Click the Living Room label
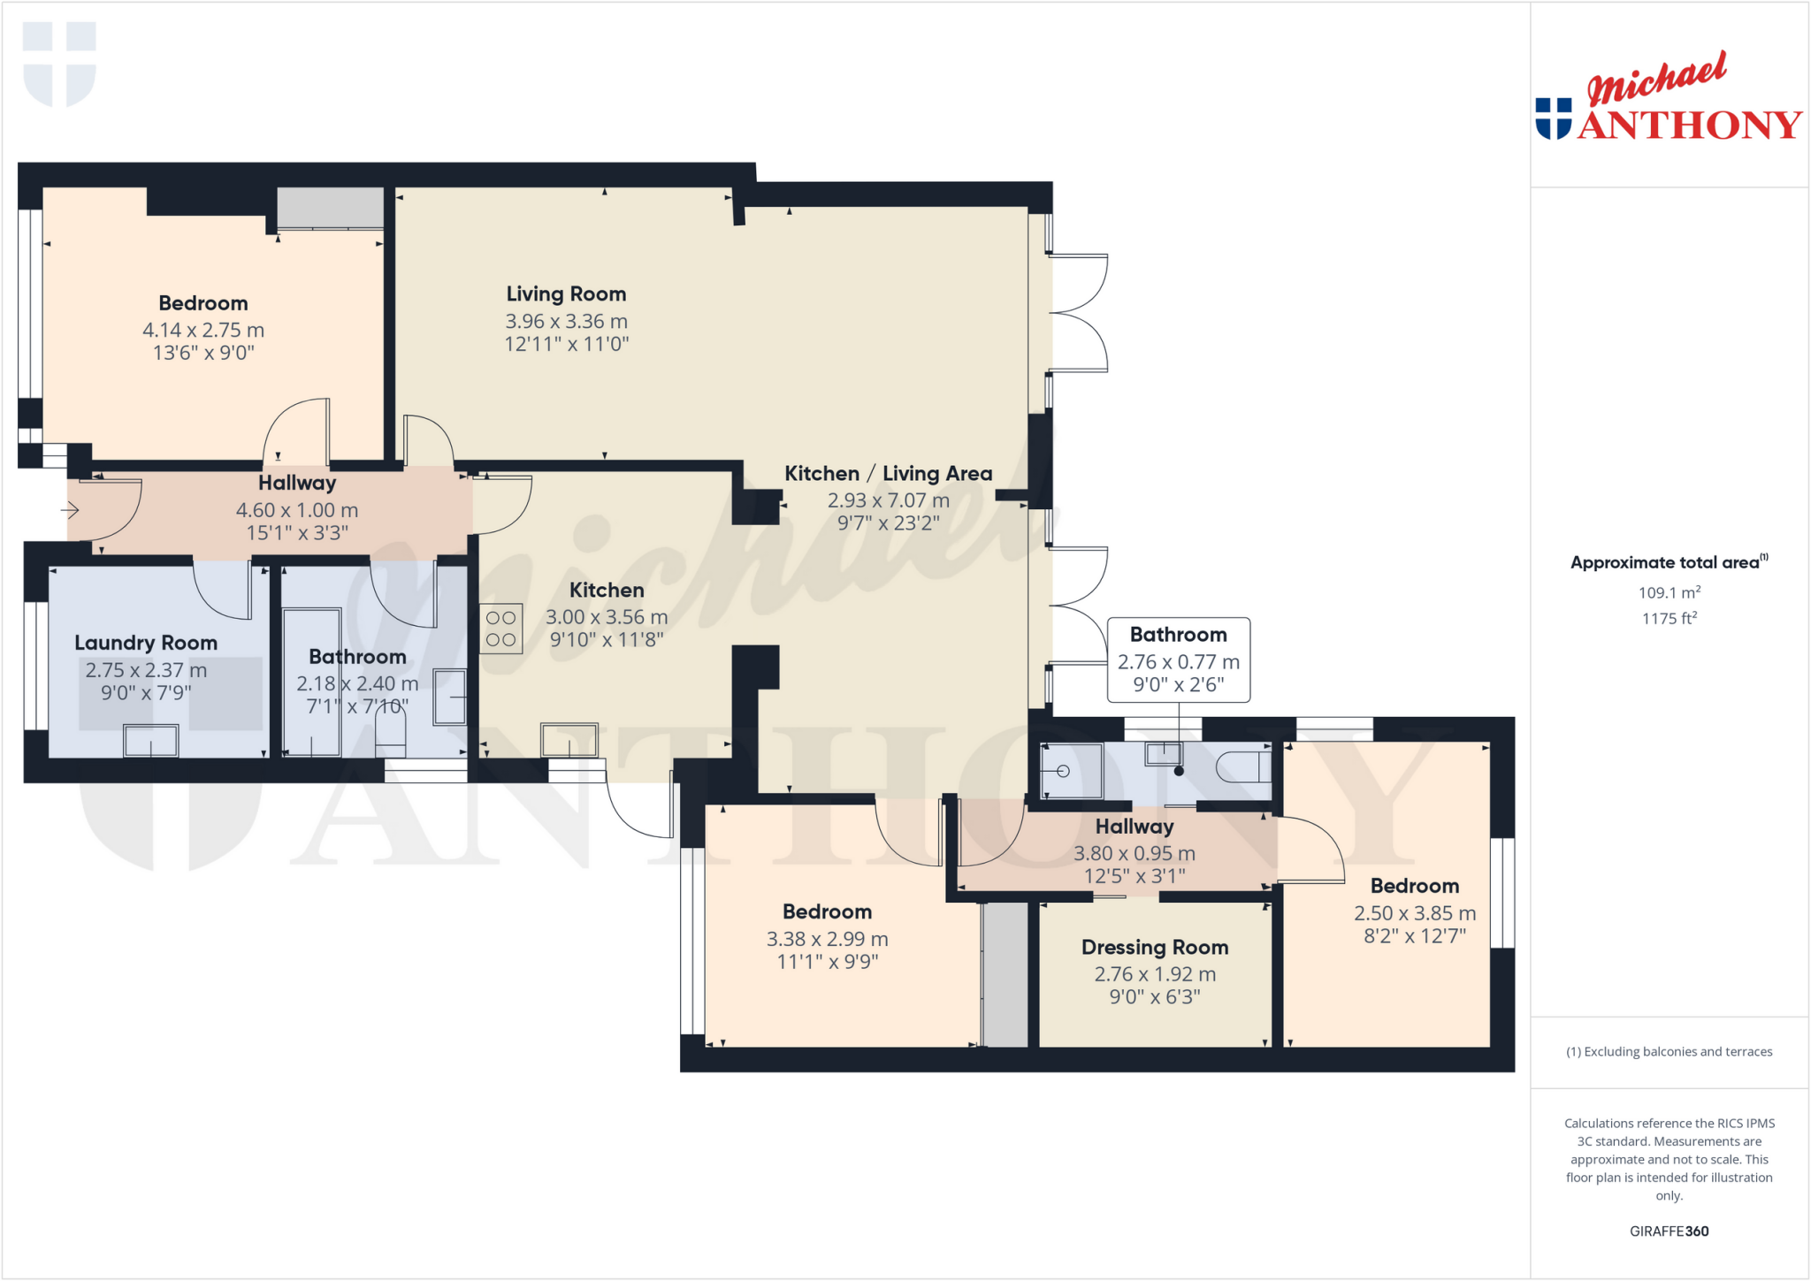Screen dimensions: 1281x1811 [x=566, y=294]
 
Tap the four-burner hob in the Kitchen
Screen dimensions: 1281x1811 [x=501, y=629]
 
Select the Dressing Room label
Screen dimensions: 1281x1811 [x=1155, y=948]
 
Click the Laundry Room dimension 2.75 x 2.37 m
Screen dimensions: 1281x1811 [x=146, y=670]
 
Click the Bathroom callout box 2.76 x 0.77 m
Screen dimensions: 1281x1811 [x=1178, y=660]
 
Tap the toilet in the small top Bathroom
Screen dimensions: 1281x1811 [x=1242, y=766]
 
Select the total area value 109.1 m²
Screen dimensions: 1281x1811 [x=1669, y=592]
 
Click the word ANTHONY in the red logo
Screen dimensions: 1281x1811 [x=1689, y=125]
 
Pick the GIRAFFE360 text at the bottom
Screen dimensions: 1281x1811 [x=1669, y=1231]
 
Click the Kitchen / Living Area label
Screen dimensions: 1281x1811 [x=888, y=474]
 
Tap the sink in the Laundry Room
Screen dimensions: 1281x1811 [x=151, y=741]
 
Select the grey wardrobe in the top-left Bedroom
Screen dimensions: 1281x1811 [x=330, y=208]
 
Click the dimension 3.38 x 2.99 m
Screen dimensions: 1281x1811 [x=827, y=939]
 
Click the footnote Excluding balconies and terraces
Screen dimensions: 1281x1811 [x=1669, y=1051]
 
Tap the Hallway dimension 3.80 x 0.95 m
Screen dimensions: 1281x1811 [x=1134, y=853]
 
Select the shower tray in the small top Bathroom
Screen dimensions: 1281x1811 [x=1071, y=771]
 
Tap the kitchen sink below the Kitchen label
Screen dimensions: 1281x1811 [x=569, y=740]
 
